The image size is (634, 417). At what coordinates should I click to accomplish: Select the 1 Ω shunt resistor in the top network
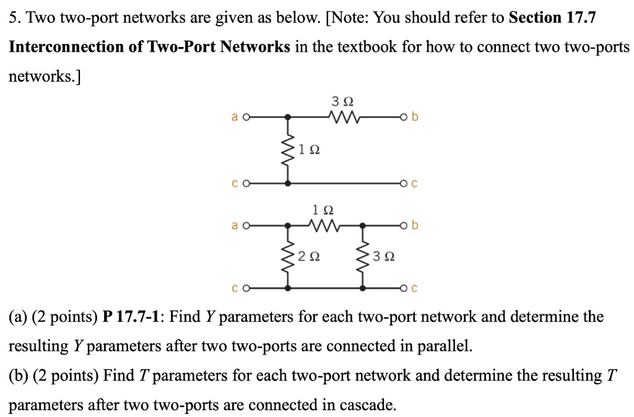coord(288,150)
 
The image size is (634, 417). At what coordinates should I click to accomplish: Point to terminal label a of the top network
coord(235,116)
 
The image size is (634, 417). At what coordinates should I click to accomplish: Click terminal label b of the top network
coord(414,116)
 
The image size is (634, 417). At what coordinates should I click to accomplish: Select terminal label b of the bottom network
coord(414,226)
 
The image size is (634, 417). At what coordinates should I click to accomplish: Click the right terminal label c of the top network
coord(414,184)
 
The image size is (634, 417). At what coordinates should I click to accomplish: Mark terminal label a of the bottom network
coord(235,226)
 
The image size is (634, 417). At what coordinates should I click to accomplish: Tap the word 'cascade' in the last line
coord(364,405)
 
